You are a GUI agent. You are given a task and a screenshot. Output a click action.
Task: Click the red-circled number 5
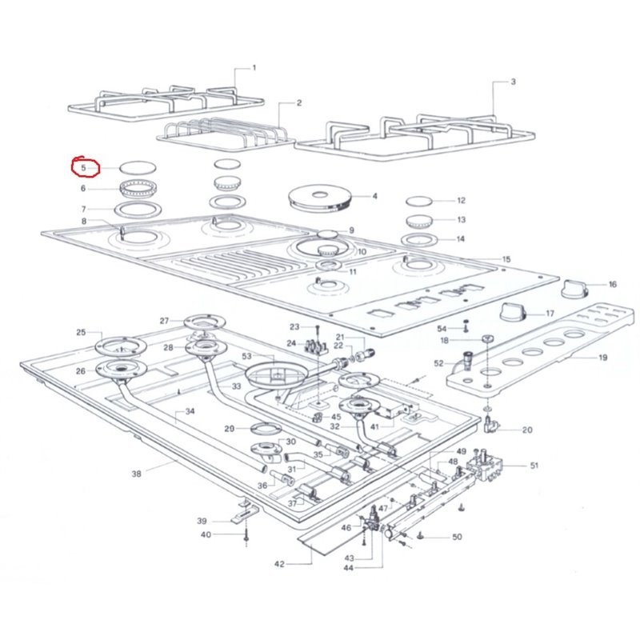(84, 168)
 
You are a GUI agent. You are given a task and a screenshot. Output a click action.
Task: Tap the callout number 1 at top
(254, 68)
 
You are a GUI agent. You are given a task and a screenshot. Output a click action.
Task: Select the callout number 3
(513, 82)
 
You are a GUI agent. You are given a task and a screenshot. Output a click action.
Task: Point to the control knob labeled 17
(512, 313)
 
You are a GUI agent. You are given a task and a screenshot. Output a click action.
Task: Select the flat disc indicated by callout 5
(138, 167)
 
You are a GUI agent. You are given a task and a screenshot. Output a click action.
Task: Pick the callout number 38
(136, 474)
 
